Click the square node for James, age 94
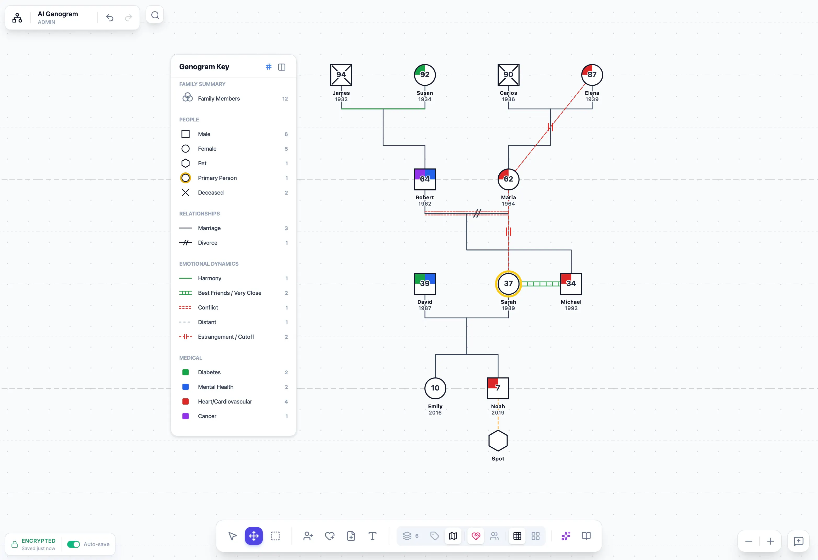[x=341, y=75]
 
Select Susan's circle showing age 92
[x=425, y=75]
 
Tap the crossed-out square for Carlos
[x=508, y=75]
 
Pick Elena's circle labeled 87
[x=592, y=75]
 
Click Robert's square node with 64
[x=425, y=179]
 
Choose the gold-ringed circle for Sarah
[x=508, y=283]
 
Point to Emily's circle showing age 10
[x=435, y=388]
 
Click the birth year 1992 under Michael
[x=571, y=308]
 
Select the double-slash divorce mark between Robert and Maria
[x=477, y=213]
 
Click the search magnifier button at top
[x=155, y=15]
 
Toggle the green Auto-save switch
[x=73, y=544]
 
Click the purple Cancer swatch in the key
[x=186, y=416]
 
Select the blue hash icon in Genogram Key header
[x=269, y=67]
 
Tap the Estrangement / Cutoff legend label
[x=226, y=337]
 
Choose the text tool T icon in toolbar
[x=372, y=536]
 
